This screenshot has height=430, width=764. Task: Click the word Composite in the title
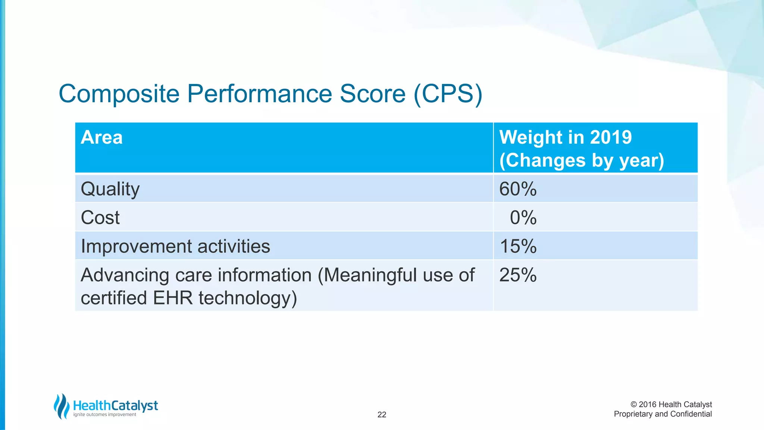[x=119, y=94]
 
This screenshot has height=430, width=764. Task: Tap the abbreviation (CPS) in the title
[x=448, y=94]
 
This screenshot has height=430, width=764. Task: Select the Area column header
[x=101, y=137]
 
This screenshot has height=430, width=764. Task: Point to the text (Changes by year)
[x=582, y=161]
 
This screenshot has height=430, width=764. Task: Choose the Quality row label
[x=110, y=189]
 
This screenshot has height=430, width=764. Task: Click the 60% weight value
[x=518, y=189]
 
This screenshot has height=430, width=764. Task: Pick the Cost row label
[x=100, y=218]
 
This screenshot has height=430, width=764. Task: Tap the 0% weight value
[x=523, y=218]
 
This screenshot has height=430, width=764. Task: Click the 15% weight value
[x=518, y=246]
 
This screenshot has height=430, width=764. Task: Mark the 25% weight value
[x=518, y=275]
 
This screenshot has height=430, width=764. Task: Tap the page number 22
[x=382, y=415]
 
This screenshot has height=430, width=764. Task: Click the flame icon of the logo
[x=62, y=406]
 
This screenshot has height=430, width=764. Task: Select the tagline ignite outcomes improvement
[x=104, y=415]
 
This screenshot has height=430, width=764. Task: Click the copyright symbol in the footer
[x=633, y=405]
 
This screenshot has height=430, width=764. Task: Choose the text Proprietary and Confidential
[x=663, y=414]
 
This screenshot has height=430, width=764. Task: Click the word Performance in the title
[x=259, y=94]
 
